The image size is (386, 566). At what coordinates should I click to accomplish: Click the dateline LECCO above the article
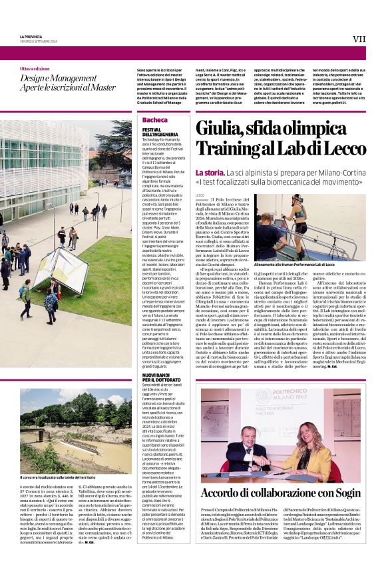click(200, 195)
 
